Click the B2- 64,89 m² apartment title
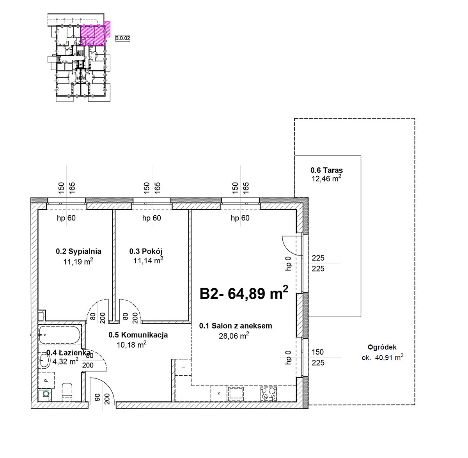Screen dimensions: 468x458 (244, 293)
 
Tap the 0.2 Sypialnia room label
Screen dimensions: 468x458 (79, 251)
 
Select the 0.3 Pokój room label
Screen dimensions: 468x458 (146, 251)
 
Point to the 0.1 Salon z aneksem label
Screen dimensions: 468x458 (236, 326)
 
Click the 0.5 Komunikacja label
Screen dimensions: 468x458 (138, 335)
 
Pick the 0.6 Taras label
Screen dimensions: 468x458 (326, 170)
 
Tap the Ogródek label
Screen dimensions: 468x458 (382, 347)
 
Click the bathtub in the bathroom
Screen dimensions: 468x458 (59, 335)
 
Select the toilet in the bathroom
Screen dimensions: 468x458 (67, 392)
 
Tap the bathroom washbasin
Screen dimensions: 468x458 (44, 360)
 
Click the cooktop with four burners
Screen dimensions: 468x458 (269, 393)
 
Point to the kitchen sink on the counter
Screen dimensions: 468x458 (236, 393)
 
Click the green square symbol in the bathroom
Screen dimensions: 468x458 (46, 394)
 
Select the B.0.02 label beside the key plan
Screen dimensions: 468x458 (122, 38)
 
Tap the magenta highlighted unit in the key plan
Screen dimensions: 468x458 (93, 36)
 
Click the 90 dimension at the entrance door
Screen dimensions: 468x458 (97, 398)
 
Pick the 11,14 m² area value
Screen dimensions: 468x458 (148, 260)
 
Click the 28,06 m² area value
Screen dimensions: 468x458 (234, 336)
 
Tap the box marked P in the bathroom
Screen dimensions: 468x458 (46, 380)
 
